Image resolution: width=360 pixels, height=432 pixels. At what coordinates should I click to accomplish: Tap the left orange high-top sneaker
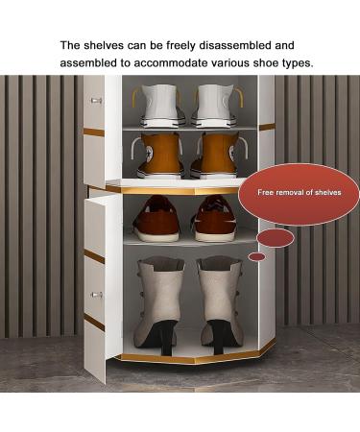[x=160, y=155]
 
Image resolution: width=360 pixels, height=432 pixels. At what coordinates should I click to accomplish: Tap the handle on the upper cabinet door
[x=96, y=100]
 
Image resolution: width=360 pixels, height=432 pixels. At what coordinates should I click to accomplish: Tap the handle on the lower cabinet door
[x=97, y=294]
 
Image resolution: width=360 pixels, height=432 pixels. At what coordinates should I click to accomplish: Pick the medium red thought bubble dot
[x=276, y=237]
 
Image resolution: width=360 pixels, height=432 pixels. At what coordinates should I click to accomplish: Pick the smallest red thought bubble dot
[x=256, y=256]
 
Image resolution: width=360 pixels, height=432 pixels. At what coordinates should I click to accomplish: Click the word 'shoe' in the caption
[x=279, y=63]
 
